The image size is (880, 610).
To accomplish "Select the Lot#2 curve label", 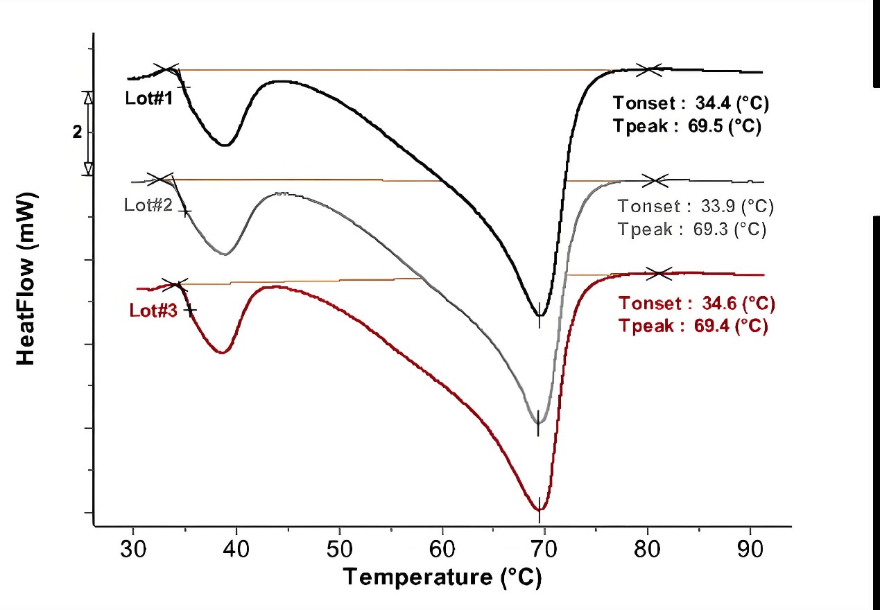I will tap(148, 205).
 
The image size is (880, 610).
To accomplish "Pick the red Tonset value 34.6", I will tap(723, 304).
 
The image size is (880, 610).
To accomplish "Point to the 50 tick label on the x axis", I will tap(339, 550).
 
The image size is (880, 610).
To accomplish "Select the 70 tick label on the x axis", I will tap(545, 550).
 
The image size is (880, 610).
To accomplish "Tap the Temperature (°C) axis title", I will tap(442, 577).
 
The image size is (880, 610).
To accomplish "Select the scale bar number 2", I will tap(77, 132).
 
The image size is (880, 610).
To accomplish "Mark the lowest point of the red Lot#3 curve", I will tap(540, 509).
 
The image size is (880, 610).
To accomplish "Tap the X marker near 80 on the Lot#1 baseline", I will tap(650, 69).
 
